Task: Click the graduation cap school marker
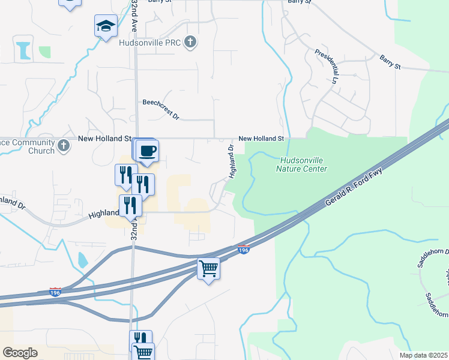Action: click(106, 26)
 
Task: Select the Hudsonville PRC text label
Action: click(158, 43)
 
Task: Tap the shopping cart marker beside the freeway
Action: click(208, 269)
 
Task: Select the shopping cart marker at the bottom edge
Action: click(143, 352)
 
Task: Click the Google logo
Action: click(20, 352)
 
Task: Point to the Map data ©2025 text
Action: click(423, 355)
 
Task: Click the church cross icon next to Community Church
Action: click(64, 145)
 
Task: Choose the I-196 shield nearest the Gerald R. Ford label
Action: click(243, 249)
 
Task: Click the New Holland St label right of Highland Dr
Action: click(261, 139)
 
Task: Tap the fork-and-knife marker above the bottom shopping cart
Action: click(140, 339)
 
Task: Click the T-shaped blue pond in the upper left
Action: click(25, 49)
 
